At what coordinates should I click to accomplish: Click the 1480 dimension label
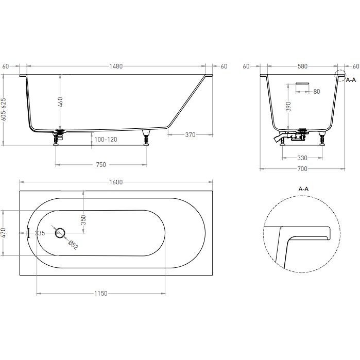click(116, 66)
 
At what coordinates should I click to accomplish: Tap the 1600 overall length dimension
click(116, 182)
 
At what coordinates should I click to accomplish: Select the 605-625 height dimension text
click(4, 109)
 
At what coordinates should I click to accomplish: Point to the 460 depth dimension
click(60, 102)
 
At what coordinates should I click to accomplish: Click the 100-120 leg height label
click(106, 140)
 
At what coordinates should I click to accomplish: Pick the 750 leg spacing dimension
click(101, 165)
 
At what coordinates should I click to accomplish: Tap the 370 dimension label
click(191, 135)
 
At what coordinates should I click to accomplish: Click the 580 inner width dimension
click(302, 66)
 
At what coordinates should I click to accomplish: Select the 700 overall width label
click(302, 169)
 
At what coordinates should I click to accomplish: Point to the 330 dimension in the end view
click(302, 158)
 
